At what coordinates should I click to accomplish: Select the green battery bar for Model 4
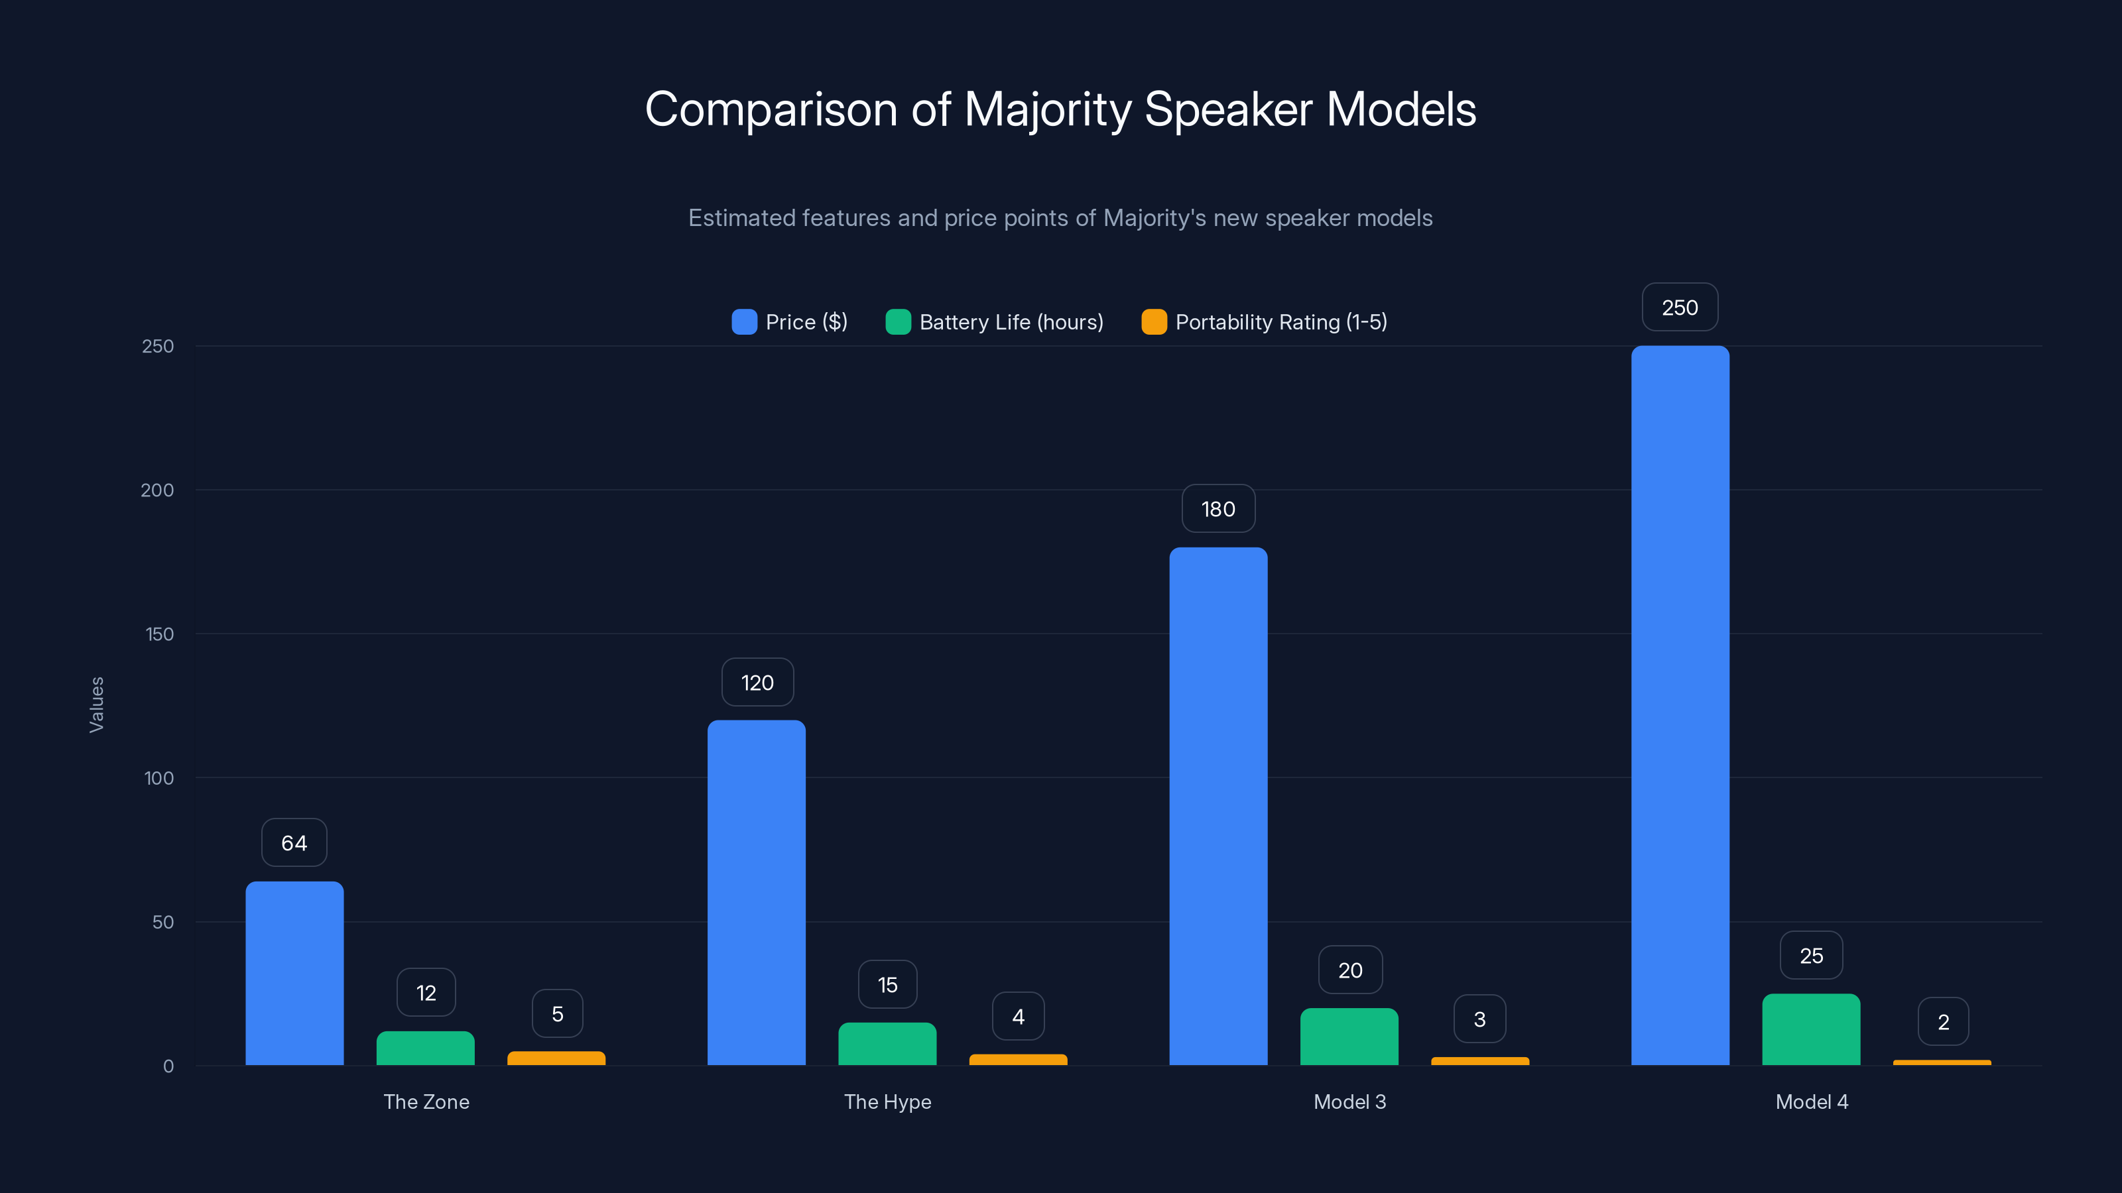pos(1810,1029)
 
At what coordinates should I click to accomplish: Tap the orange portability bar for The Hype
pos(1018,1060)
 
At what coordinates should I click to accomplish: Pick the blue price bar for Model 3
pos(1218,806)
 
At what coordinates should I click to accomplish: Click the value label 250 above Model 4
pos(1680,307)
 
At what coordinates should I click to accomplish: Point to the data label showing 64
pos(294,842)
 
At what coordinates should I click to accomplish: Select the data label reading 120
pos(757,682)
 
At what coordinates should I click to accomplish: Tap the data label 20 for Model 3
pos(1350,970)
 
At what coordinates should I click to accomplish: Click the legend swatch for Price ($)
pos(744,322)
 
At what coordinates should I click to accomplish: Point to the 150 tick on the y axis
pos(159,634)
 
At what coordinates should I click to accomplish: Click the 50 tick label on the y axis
pos(162,922)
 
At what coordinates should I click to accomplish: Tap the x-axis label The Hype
pos(887,1102)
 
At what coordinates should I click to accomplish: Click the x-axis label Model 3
pos(1349,1102)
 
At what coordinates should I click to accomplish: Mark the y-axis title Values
pos(96,705)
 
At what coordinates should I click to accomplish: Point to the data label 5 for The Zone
pos(558,1013)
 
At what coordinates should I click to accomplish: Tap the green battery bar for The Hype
pos(887,1043)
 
